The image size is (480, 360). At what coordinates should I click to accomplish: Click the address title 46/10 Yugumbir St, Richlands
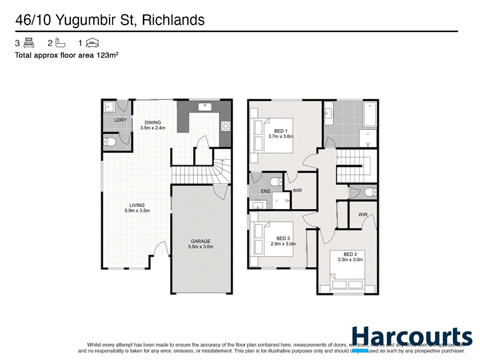110,20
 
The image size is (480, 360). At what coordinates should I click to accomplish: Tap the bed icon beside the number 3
29,43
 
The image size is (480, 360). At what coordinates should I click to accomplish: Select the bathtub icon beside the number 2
60,43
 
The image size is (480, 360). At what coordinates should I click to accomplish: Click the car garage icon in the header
92,43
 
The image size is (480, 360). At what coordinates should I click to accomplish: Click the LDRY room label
120,120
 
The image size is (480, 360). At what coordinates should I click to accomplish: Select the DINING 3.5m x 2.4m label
153,125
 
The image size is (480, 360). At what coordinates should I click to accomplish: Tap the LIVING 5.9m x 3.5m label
137,208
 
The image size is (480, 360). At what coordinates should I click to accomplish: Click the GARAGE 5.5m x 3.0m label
200,244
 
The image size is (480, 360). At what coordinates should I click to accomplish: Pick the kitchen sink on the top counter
205,107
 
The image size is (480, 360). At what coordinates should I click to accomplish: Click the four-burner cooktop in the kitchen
226,126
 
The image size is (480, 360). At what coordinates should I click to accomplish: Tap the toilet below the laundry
109,142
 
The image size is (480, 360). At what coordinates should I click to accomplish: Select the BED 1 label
281,133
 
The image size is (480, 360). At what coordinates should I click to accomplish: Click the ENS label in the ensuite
265,191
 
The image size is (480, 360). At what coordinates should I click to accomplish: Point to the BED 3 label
283,241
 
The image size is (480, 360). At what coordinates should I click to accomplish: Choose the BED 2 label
350,257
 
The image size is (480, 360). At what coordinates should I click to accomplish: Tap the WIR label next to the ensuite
297,190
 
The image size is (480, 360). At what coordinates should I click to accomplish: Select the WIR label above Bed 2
363,215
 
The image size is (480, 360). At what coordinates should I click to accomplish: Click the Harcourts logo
412,337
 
